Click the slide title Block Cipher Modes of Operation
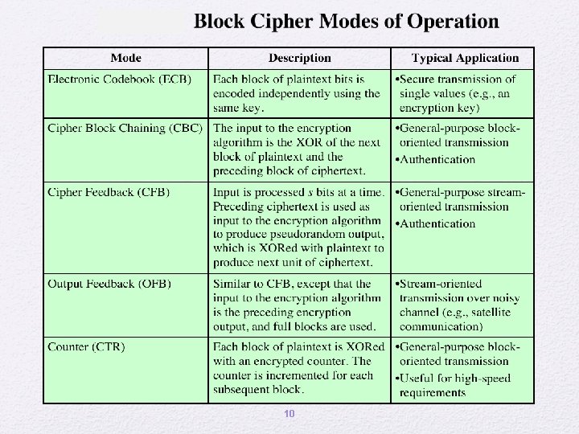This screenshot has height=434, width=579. click(x=346, y=22)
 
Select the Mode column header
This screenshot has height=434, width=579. click(x=125, y=58)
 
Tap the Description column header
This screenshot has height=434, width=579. click(x=299, y=58)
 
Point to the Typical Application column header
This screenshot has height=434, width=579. click(x=465, y=58)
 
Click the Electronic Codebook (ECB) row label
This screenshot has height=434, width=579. click(x=120, y=80)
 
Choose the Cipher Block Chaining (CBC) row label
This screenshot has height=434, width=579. click(x=125, y=128)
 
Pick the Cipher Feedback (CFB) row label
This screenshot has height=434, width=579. click(x=109, y=192)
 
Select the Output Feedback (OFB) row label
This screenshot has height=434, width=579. click(x=109, y=284)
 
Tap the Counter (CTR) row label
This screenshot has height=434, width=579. click(x=86, y=347)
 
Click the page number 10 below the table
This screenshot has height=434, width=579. click(x=289, y=414)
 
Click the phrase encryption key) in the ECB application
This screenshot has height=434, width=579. click(x=439, y=108)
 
